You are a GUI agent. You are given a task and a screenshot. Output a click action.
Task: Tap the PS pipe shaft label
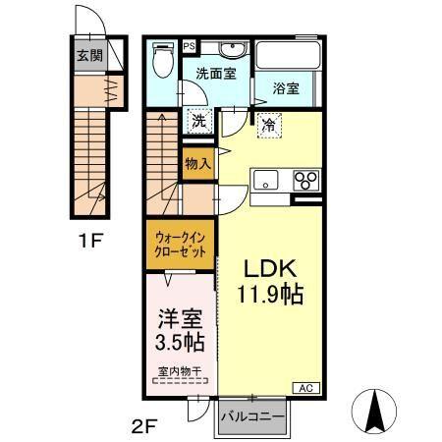(x=189, y=45)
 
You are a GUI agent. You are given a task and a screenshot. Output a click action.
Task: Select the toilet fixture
(x=164, y=61)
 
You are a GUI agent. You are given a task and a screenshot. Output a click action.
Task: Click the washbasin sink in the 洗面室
(x=231, y=51)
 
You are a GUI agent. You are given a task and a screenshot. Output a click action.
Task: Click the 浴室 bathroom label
(x=287, y=86)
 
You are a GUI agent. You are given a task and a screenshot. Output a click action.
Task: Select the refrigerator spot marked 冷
(x=267, y=124)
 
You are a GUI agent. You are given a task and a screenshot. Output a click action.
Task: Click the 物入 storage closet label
(x=197, y=164)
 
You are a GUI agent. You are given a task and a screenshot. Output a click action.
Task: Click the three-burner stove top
(x=305, y=181)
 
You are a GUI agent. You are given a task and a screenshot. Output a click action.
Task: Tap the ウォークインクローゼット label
(x=179, y=245)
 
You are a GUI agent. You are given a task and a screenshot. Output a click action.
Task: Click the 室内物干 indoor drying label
(x=179, y=371)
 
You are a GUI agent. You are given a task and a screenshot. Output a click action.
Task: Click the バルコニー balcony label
(x=252, y=417)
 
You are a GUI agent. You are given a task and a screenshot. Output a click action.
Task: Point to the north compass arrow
(x=375, y=410)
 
